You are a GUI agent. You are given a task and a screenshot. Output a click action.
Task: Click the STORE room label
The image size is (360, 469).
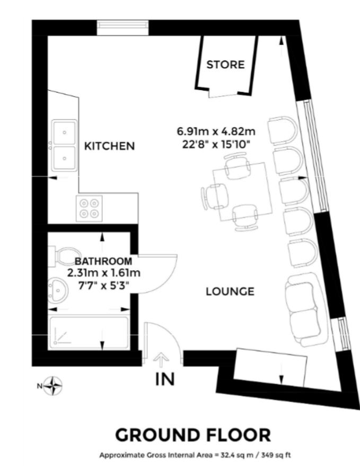tap(225, 65)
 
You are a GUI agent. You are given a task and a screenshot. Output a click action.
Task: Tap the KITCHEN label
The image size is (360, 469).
tap(110, 146)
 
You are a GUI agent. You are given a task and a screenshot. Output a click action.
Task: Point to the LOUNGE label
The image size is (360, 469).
tap(230, 291)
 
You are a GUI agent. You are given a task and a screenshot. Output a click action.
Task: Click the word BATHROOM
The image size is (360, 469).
tap(103, 261)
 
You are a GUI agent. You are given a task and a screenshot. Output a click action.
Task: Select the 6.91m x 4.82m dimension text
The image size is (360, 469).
tap(216, 131)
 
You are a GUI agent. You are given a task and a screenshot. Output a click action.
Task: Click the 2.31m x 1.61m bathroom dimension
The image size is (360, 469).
tap(103, 273)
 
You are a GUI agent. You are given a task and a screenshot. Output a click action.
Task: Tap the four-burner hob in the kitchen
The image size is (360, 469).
tap(89, 208)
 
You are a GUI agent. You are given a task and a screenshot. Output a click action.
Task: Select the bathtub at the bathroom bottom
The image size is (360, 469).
tap(89, 333)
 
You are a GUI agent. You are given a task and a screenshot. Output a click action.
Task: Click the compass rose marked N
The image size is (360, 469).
tap(53, 386)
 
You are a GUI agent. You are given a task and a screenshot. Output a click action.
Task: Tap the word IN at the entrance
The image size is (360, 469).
tap(165, 379)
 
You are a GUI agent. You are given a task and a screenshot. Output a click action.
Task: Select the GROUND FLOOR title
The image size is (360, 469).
tap(193, 435)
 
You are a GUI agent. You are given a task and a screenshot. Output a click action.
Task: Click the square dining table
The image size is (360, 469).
tap(243, 191)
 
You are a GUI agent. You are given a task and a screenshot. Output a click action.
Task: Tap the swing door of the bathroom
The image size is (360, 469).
tap(157, 273)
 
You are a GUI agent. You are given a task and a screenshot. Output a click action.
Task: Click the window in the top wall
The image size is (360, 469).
tap(122, 24)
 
